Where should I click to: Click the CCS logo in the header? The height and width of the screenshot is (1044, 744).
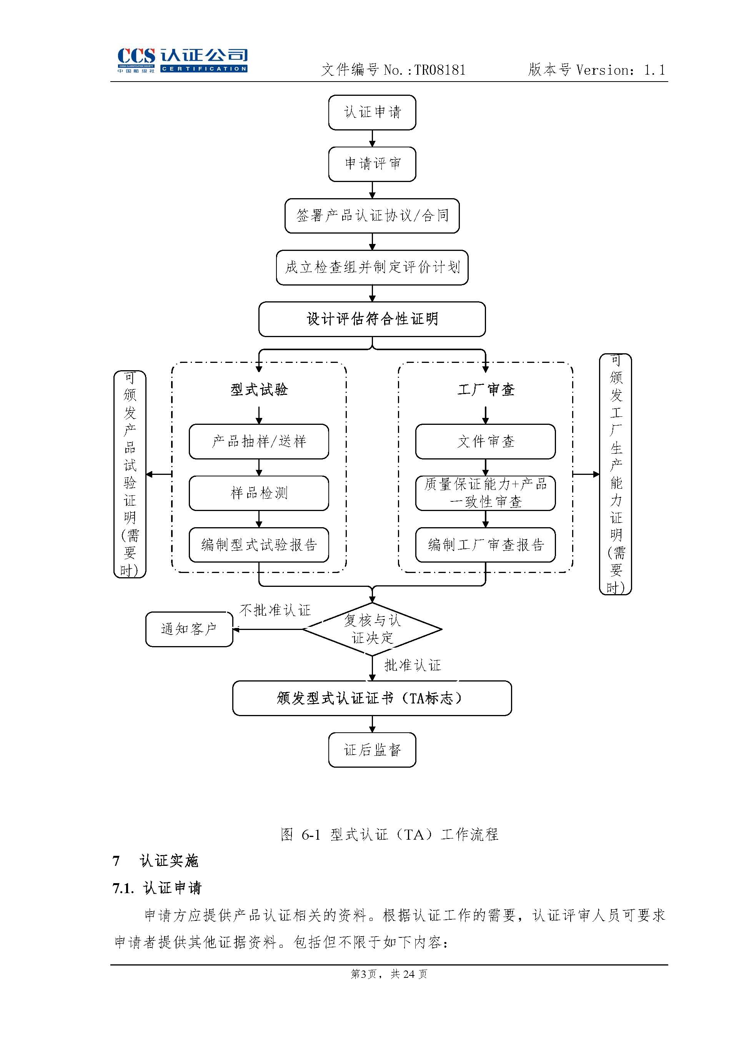182,60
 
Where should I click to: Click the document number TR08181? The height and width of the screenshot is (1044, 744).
440,70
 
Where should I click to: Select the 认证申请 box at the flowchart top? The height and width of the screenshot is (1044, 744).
372,112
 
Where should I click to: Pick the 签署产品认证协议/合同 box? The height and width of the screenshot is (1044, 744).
372,215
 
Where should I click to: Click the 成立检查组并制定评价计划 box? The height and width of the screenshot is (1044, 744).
372,267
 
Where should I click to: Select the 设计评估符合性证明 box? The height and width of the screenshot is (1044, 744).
372,319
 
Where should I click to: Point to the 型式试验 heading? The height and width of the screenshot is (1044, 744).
259,390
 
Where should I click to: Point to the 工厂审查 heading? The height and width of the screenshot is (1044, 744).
486,390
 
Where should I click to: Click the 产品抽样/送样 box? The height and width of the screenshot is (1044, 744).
259,441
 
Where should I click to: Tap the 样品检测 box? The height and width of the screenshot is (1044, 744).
259,493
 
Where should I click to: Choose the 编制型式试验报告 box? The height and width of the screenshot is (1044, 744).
259,545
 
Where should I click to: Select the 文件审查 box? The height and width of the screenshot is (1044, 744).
486,441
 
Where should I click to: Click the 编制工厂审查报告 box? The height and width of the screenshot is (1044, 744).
486,545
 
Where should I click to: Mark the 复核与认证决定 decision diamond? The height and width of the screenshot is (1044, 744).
372,629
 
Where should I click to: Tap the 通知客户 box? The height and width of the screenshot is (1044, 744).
189,629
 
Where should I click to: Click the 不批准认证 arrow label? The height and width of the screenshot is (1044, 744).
275,610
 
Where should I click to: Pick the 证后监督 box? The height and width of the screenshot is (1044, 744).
372,750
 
